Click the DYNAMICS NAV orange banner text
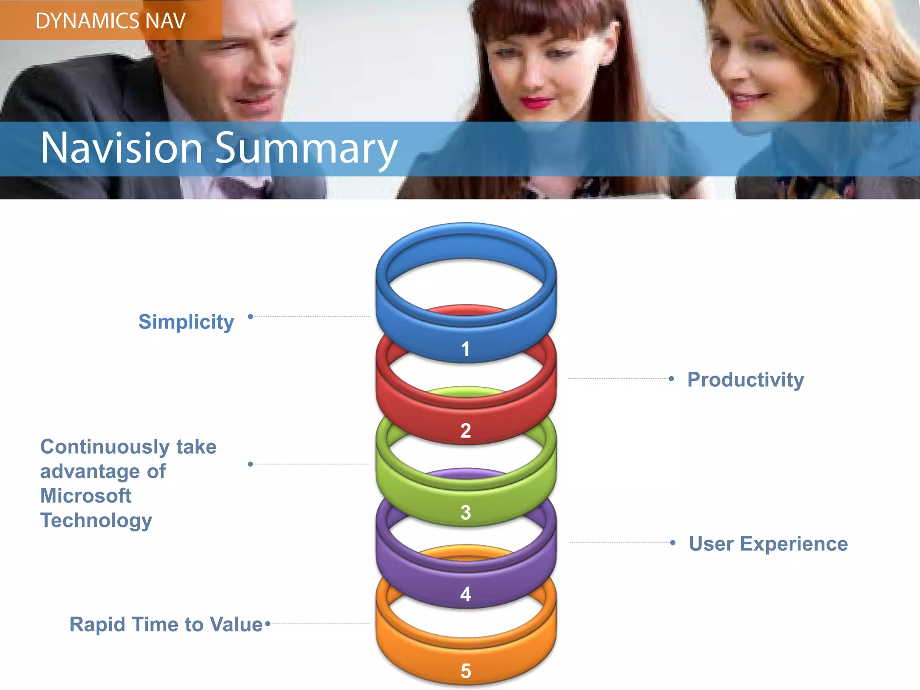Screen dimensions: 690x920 (x=111, y=21)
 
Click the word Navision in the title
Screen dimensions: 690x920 (x=121, y=148)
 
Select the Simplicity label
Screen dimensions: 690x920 (x=186, y=322)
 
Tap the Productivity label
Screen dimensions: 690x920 (x=746, y=380)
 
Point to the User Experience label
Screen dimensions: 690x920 (x=768, y=544)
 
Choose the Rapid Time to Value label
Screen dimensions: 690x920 (x=166, y=624)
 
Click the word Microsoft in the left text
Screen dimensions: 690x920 (x=86, y=496)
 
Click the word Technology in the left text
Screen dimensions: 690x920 (x=96, y=521)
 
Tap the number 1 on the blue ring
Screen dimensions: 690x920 (x=465, y=349)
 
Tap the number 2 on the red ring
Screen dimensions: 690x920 (x=466, y=431)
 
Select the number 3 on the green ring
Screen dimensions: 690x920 (x=466, y=513)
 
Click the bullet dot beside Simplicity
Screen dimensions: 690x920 (x=251, y=317)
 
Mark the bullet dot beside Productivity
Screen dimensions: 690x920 (x=671, y=379)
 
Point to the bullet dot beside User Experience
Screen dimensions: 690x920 (x=672, y=543)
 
